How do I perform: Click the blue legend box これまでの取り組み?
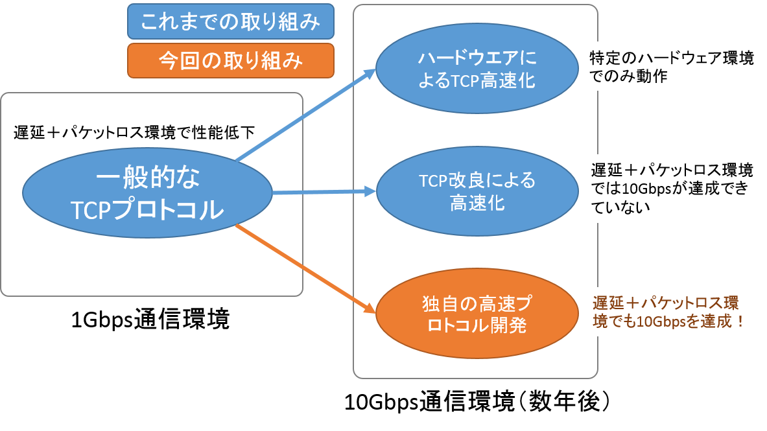[x=230, y=21]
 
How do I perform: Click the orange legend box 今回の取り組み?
[x=230, y=61]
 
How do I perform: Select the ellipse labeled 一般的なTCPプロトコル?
[x=147, y=192]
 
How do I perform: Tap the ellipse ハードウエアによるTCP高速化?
[x=477, y=69]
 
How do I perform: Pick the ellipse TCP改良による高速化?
[x=477, y=191]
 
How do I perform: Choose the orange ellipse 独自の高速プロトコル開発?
[x=477, y=314]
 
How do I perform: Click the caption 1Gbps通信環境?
[x=150, y=320]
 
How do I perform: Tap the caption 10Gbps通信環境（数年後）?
[x=477, y=402]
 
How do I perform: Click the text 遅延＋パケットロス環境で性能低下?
[x=134, y=133]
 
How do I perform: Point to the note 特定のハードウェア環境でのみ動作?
[x=671, y=67]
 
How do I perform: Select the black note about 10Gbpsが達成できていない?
[x=672, y=189]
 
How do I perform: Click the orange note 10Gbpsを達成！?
[x=668, y=312]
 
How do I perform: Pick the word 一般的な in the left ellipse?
[x=148, y=176]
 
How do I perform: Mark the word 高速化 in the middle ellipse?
[x=477, y=203]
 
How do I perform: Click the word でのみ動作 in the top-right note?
[x=628, y=76]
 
